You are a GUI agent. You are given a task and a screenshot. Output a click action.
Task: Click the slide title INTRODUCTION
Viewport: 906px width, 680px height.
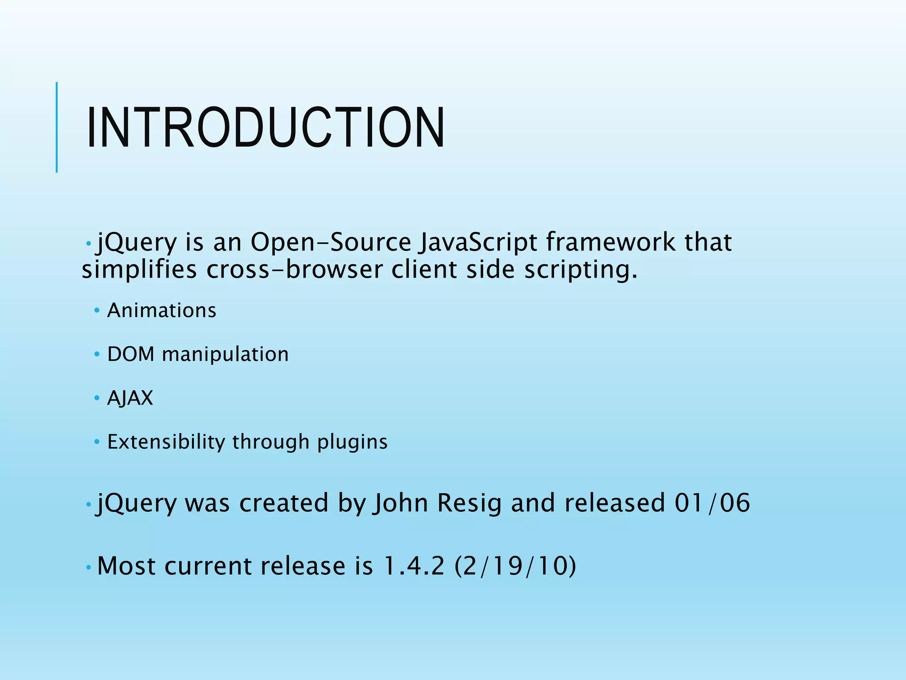tap(265, 128)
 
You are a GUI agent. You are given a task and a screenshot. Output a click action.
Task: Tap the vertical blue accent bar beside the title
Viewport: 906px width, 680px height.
tap(57, 127)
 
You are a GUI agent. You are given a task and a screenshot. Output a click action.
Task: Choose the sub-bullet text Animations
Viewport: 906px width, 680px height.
tap(162, 310)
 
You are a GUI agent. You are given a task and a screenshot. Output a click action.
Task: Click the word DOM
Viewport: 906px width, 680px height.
tap(131, 354)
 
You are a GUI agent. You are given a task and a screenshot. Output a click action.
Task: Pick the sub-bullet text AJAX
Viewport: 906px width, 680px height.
tap(130, 398)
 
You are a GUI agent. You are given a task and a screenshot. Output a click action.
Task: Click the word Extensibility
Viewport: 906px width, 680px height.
tap(166, 442)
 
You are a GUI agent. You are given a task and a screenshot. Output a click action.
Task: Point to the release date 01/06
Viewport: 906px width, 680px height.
tap(712, 503)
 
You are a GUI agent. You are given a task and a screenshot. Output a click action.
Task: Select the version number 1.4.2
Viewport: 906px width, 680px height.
tap(414, 566)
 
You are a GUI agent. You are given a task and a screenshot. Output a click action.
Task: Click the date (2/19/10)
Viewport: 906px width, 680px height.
tap(515, 566)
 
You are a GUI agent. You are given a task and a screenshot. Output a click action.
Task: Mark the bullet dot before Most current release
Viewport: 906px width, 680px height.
tap(88, 567)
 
